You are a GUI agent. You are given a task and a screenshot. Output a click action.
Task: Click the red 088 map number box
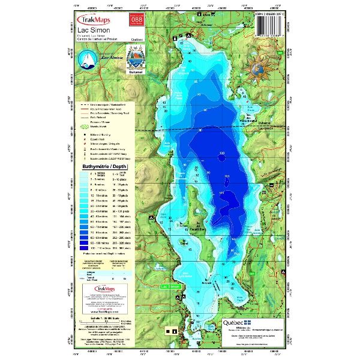(128, 20)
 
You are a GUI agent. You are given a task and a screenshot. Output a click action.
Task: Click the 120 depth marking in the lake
(222, 154)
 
